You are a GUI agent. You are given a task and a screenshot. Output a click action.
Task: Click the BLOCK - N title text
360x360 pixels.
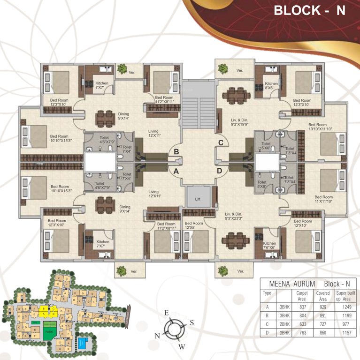[309, 11]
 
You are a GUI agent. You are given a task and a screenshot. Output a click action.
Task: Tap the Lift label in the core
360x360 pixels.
[198, 199]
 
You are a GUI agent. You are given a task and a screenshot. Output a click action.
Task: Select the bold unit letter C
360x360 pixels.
[220, 142]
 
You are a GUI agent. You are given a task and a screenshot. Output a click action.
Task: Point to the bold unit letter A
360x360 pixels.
[176, 171]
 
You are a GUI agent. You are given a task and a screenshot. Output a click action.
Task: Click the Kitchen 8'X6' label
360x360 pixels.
[271, 86]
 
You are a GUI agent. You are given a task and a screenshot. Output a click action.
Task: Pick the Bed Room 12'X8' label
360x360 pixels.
[194, 225]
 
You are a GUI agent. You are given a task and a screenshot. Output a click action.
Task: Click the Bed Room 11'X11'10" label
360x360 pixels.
[324, 200]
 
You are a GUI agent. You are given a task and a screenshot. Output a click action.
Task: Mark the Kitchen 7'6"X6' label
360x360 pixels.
[269, 246]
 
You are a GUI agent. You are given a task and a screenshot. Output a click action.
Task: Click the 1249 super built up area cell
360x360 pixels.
[346, 307]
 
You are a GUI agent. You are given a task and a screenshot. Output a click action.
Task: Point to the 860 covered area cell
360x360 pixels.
[323, 333]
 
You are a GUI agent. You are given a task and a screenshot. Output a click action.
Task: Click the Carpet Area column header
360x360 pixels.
[302, 296]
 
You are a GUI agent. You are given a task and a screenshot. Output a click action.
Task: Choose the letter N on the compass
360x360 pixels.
[157, 336]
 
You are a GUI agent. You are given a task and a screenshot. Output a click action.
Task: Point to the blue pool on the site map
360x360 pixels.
[84, 343]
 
